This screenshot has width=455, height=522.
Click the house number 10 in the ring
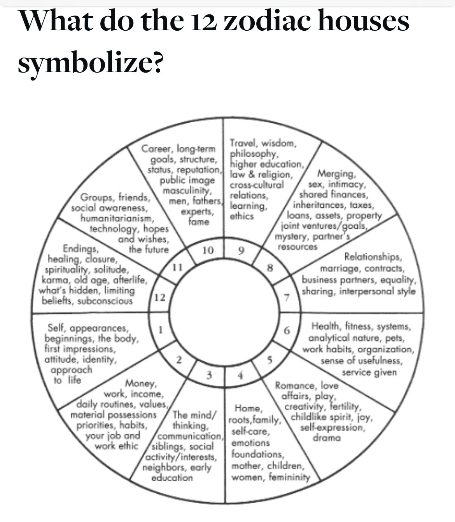(208, 251)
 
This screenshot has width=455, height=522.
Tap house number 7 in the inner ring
(287, 298)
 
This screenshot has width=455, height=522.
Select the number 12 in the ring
(160, 298)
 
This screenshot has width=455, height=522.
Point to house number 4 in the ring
(241, 375)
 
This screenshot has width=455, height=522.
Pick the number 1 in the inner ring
(160, 329)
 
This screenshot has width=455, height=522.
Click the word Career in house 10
(157, 149)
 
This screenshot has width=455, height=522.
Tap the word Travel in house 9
(242, 143)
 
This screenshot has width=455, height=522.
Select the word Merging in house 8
(336, 174)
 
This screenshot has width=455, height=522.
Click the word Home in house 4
(247, 408)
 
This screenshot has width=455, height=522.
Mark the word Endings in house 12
(77, 249)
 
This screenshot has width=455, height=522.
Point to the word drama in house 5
(327, 438)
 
